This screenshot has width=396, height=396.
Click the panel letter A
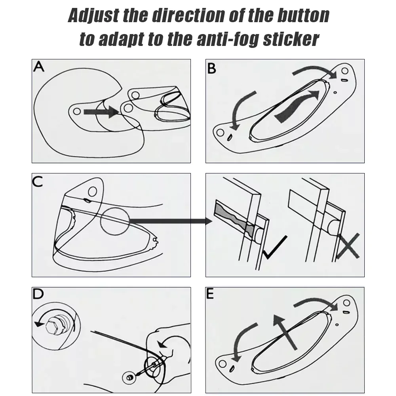[x=39, y=67]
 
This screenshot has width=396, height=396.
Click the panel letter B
[x=211, y=69]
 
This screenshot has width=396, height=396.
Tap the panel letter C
[x=38, y=181]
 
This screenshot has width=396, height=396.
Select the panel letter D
[x=38, y=294]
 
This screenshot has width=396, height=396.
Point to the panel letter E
[x=210, y=294]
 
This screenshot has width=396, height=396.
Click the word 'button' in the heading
[x=303, y=16]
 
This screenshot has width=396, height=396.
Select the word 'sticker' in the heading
[x=291, y=39]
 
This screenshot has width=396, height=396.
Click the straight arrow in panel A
[x=101, y=112]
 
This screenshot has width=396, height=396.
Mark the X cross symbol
[x=348, y=246]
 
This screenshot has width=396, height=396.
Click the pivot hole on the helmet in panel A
[x=77, y=111]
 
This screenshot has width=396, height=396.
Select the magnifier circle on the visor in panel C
[x=115, y=221]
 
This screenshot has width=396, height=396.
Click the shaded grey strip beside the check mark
[x=234, y=219]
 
